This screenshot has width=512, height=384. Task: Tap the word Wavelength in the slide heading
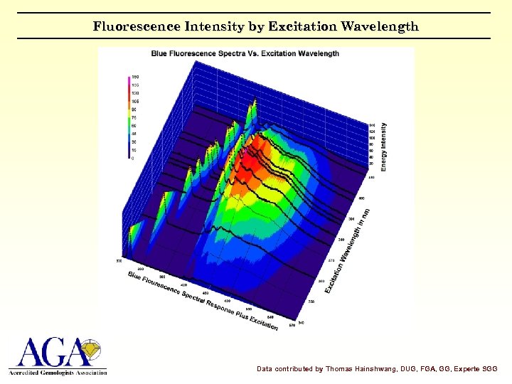380,27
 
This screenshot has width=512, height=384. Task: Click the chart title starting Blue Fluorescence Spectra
245,53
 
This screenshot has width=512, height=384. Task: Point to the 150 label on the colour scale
135,76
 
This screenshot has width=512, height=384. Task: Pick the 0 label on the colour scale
133,158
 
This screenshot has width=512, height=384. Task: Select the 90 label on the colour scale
134,110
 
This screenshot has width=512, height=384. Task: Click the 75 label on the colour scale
134,117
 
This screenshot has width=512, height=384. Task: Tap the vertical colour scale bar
128,117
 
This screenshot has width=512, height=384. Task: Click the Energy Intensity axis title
384,146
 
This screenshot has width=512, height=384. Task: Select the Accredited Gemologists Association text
58,372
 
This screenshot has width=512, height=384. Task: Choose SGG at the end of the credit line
489,369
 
